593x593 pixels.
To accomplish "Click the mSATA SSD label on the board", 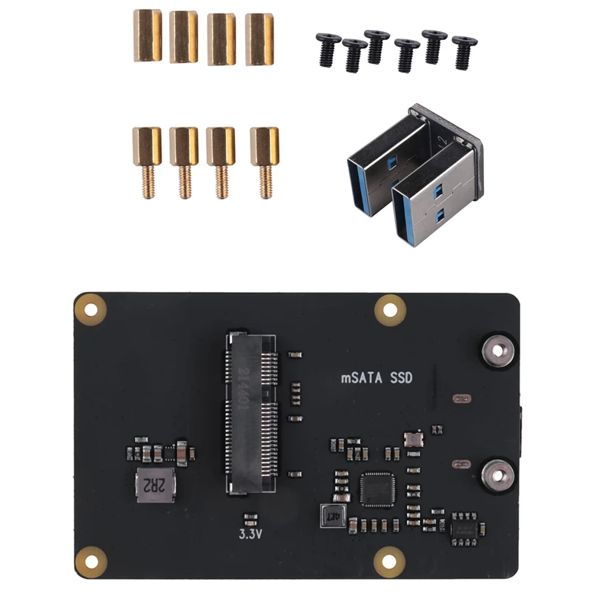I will pos(376,378).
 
